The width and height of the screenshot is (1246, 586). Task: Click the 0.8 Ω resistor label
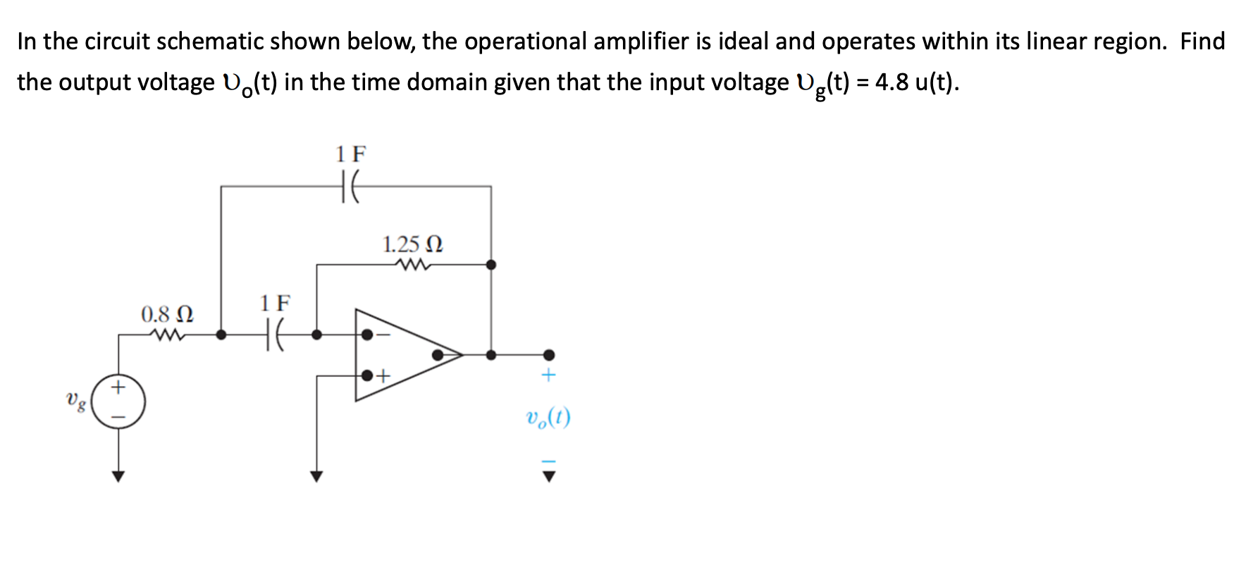(167, 313)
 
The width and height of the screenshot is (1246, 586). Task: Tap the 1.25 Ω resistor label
(412, 244)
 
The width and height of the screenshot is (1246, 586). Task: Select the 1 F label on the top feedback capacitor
(351, 154)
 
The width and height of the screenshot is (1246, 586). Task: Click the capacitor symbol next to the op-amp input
(274, 335)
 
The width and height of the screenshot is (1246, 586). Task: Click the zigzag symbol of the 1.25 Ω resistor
(413, 266)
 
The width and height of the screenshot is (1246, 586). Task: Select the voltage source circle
(118, 402)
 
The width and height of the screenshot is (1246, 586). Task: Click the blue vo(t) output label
(548, 418)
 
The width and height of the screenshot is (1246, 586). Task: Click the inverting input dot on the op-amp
(366, 335)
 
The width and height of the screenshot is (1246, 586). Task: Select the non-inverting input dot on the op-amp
(366, 376)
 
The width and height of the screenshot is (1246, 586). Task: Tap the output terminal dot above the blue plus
(548, 355)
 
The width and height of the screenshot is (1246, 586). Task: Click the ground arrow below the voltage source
(118, 476)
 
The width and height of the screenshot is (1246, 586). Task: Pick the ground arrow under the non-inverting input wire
(316, 476)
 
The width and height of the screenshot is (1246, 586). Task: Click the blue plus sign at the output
(548, 375)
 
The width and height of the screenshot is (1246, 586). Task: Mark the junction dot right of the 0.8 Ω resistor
(221, 335)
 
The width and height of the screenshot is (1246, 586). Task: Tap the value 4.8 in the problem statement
(892, 82)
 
